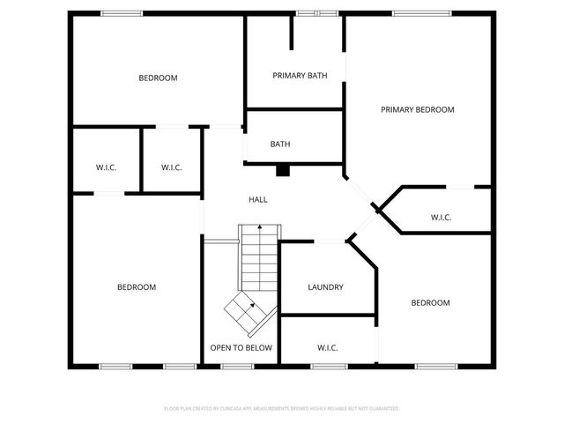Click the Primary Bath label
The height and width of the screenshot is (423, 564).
point(300,76)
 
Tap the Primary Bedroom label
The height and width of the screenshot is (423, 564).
point(417,110)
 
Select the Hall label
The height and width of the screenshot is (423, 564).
point(258,200)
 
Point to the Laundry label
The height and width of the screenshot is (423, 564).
point(325,287)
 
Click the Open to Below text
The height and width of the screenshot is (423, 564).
point(241,348)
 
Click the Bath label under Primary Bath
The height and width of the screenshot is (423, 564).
point(280,145)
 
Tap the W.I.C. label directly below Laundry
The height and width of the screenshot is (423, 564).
point(327,348)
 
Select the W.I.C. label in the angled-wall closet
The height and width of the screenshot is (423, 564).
point(441,218)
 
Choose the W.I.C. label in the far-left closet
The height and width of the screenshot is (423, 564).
point(106,167)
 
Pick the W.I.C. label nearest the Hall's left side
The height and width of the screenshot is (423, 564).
point(171,167)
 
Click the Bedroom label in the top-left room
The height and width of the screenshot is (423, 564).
point(158,78)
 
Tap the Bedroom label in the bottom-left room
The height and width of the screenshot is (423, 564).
point(137,287)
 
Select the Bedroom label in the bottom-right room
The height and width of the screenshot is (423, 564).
point(430,303)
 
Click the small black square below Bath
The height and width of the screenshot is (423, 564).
point(283,171)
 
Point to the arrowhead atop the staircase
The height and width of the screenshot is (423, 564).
point(259,227)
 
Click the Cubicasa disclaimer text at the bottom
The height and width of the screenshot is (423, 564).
point(282,409)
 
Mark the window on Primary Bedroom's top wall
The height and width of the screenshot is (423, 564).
point(418,12)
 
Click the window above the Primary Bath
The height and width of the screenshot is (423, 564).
point(316,12)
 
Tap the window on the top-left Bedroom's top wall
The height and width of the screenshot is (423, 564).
point(122,12)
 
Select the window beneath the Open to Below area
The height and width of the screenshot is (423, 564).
point(236,366)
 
